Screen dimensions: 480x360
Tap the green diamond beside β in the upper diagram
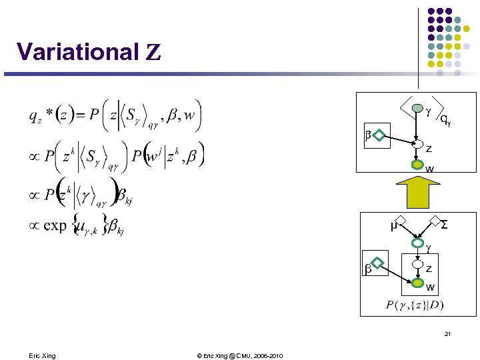[379, 137]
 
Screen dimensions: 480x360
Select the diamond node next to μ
[405, 222]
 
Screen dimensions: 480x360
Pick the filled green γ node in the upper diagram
[417, 108]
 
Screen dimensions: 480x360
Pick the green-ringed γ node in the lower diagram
[418, 244]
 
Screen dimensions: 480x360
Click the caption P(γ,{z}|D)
[415, 305]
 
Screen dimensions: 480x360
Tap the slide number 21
[448, 334]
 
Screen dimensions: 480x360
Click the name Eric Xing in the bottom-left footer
[43, 356]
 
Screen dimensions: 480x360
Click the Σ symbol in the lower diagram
[445, 225]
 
